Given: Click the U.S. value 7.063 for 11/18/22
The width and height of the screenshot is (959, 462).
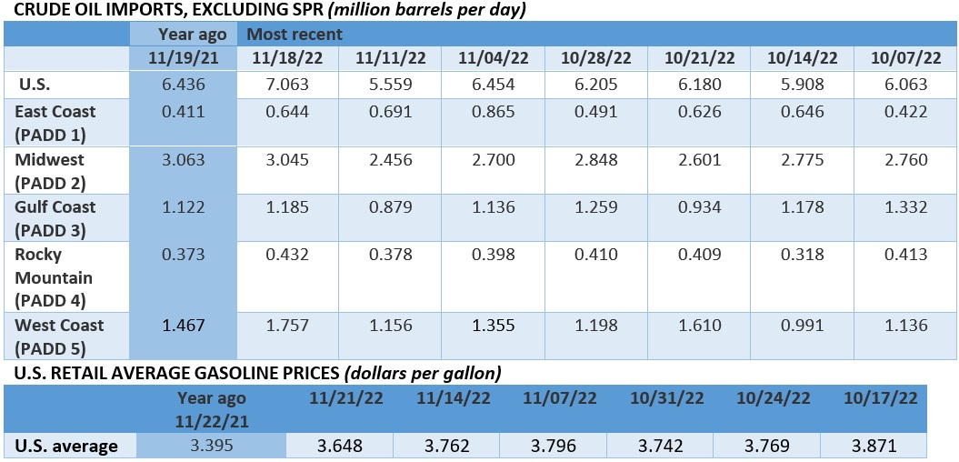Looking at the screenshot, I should [x=286, y=85].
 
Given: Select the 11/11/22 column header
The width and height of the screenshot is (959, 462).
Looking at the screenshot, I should [x=389, y=58].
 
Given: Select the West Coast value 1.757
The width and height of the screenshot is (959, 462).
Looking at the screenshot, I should [x=286, y=325].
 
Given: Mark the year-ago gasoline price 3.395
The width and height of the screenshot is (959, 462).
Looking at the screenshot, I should [x=211, y=446].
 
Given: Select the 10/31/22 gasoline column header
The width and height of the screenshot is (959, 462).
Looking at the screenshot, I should [x=659, y=398].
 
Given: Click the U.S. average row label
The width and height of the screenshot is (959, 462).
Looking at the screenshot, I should [x=66, y=446].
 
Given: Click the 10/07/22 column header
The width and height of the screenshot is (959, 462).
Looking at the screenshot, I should [x=904, y=58].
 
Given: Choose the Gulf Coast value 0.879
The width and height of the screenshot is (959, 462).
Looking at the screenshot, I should [x=389, y=206].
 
